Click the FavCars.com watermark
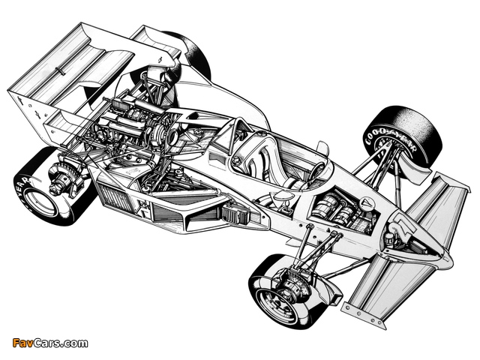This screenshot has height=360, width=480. coord(50,343)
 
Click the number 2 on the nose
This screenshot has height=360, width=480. coord(403,223)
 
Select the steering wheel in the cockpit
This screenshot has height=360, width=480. coord(318,170)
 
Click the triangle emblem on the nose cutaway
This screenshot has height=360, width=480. coord(365,203)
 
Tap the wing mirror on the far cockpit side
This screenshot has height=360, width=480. coord(322,148)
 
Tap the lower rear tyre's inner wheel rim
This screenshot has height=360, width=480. coord(40,203)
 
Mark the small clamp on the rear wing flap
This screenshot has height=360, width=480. coord(60,70)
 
